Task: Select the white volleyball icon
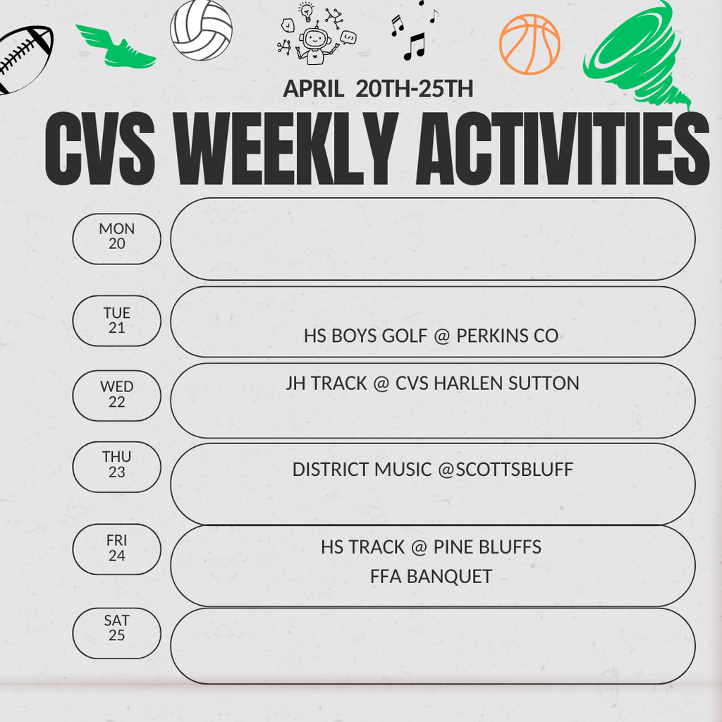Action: tap(201, 30)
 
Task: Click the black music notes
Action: tap(413, 32)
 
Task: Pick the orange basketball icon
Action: tap(529, 44)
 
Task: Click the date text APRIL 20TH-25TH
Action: tap(378, 90)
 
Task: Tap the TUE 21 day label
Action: tap(117, 321)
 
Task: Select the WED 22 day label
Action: tap(117, 395)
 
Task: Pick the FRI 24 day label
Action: tap(117, 549)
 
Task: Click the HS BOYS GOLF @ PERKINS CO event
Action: tap(431, 336)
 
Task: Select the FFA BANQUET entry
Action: tap(431, 577)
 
